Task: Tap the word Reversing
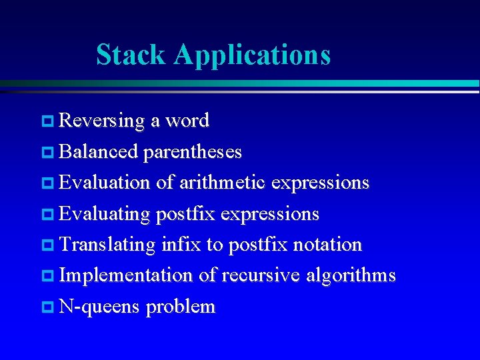tap(102, 121)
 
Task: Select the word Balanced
tap(99, 152)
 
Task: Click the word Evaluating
tap(105, 215)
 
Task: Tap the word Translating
tap(107, 245)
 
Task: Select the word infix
tap(181, 245)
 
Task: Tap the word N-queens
tap(99, 307)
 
